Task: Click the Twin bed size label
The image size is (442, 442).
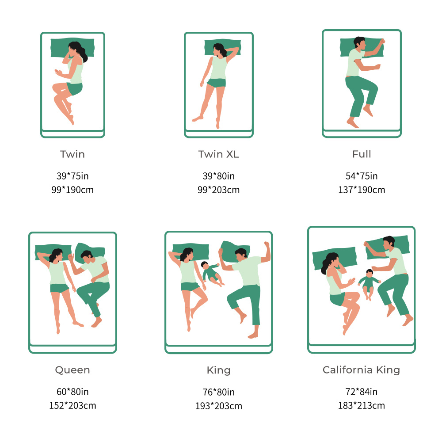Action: pos(72,154)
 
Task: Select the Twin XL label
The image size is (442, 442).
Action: pos(218,154)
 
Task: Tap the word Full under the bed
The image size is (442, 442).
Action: pos(362,154)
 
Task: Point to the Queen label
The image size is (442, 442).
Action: pos(72,370)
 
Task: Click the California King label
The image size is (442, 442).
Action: pos(362,370)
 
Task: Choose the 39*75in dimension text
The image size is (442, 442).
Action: pos(72,176)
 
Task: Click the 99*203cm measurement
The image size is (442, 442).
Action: pos(218,190)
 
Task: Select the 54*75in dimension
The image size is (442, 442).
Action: pos(362,176)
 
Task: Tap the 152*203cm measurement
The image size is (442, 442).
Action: pos(73,405)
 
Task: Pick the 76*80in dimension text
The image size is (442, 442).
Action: pos(219,392)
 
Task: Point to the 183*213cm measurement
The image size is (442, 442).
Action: pos(362,405)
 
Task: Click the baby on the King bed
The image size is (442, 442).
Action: pos(212,274)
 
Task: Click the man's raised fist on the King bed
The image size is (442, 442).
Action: pos(267,244)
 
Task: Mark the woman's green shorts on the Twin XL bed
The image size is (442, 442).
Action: pos(217,83)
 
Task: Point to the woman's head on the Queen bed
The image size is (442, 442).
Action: pos(57,255)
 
